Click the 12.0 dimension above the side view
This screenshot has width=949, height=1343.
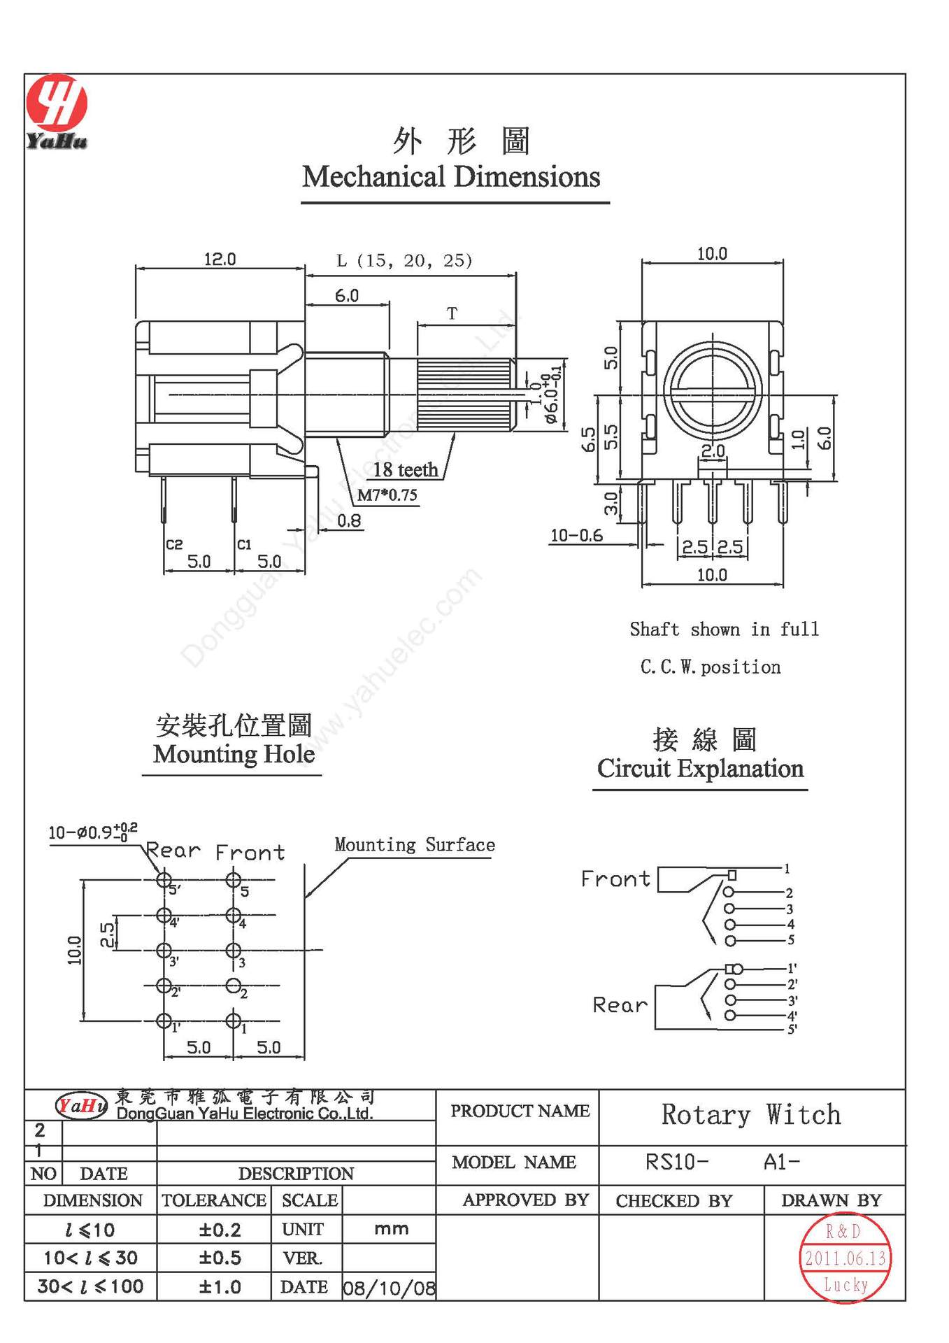pos(220,260)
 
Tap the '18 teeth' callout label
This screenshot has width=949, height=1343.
pos(405,469)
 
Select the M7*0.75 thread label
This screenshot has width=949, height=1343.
pos(387,495)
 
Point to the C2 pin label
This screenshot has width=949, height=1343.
pos(174,544)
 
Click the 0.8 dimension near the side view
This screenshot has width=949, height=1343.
pos(349,520)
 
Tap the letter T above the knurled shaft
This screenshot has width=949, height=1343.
pos(452,314)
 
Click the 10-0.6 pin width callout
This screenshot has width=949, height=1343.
pos(576,536)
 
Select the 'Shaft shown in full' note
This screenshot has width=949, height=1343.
pos(723,629)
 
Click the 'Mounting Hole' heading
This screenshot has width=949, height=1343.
pos(234,754)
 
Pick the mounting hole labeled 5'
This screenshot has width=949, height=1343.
pos(164,879)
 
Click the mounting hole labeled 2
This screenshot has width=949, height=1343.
pos(234,986)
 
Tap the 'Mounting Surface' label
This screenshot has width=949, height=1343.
pos(414,845)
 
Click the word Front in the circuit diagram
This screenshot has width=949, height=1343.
pos(615,879)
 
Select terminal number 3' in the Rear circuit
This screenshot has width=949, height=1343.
pos(792,1000)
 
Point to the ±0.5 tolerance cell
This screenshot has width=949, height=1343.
pos(220,1258)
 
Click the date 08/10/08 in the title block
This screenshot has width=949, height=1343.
pos(389,1288)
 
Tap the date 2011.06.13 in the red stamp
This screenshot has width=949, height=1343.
pos(845,1258)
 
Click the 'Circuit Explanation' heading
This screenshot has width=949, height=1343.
pos(700,769)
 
